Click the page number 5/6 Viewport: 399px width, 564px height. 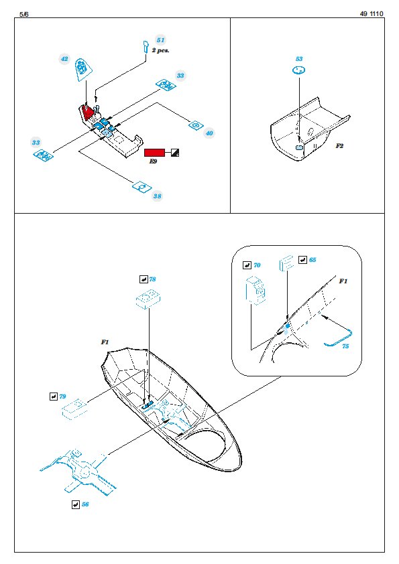tap(23, 14)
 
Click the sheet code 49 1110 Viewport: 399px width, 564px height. tap(372, 14)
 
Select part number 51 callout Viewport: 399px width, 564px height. tap(161, 40)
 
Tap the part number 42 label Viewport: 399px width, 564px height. tap(64, 59)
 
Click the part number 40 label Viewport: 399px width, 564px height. tap(209, 133)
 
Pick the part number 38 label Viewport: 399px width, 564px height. tap(158, 196)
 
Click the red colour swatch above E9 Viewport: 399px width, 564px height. tap(154, 153)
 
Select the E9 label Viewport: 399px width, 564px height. tap(153, 161)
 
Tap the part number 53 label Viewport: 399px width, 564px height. tap(299, 59)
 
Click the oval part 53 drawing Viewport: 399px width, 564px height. tap(299, 70)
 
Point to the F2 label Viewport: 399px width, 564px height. tap(339, 145)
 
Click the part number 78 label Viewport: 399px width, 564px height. tap(152, 279)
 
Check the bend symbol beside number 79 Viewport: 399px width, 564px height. tap(53, 397)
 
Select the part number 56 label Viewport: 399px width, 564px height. tap(85, 504)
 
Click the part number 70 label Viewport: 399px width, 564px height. tap(257, 265)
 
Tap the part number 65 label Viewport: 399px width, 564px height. tap(312, 260)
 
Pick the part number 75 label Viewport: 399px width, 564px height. tap(345, 346)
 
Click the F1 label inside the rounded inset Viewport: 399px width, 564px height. tap(343, 281)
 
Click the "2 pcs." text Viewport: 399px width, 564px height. tap(161, 50)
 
